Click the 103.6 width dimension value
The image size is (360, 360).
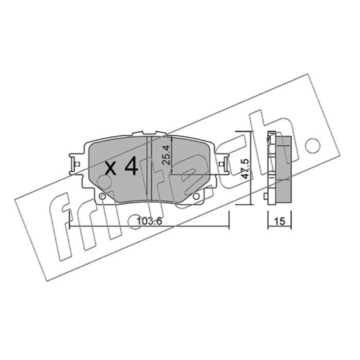149,221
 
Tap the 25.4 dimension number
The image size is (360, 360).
166,154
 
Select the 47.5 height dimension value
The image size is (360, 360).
245,169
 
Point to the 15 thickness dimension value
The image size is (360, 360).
279,221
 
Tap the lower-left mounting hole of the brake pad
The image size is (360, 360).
103,196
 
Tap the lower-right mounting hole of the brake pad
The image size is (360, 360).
196,196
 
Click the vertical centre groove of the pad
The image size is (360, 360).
149,168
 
